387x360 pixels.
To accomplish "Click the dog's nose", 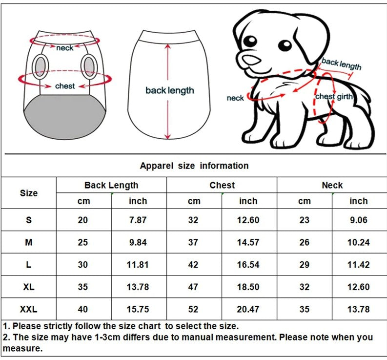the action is [251, 60].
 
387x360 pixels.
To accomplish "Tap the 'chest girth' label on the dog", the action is [334, 97].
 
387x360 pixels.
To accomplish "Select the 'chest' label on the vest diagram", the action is [65, 86].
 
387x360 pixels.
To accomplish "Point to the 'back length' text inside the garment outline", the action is [169, 90].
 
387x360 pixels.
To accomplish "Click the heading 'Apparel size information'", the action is [194, 166].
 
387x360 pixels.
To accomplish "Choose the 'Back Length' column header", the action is [111, 185].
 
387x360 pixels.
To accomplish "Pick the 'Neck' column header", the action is [332, 185].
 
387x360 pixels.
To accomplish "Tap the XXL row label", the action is [29, 309].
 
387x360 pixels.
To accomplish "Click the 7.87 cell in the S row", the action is [138, 220].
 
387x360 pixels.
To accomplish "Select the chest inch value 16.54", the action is [248, 265].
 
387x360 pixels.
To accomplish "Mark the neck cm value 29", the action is [305, 265].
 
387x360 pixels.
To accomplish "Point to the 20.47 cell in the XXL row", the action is [248, 309].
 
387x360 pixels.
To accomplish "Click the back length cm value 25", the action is [82, 242].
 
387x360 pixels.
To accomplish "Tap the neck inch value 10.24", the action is [358, 242].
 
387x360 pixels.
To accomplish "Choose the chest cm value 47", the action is [193, 287].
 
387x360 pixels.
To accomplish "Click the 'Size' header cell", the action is [29, 193].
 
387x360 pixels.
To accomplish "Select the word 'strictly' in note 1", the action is [58, 326].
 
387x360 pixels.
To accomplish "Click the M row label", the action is [29, 242].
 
